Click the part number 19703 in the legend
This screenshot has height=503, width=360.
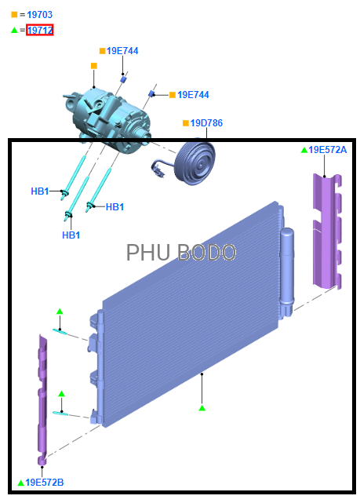click(x=40, y=15)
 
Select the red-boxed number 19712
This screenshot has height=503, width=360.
click(x=40, y=30)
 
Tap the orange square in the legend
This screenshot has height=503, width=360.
click(x=14, y=14)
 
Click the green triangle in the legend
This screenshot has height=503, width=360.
click(x=14, y=30)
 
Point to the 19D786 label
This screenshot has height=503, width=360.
click(x=206, y=123)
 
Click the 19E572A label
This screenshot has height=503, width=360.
click(x=327, y=150)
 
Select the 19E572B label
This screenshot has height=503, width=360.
click(x=45, y=483)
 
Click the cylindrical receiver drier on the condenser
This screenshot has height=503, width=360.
click(x=286, y=272)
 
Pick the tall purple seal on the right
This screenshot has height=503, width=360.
click(x=326, y=231)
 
